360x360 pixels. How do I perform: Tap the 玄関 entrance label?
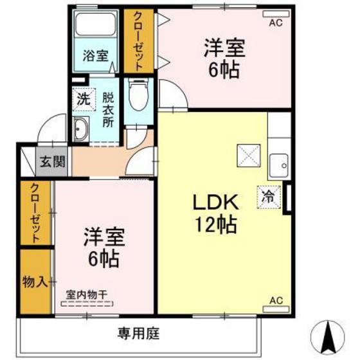coord(53,162)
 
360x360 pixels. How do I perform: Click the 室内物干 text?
coord(87,295)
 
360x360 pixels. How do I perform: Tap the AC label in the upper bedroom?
coord(275,22)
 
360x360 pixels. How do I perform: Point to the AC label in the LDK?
coord(275,300)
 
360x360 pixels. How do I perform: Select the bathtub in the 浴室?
coord(94,25)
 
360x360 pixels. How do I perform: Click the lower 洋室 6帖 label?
coord(100,248)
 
